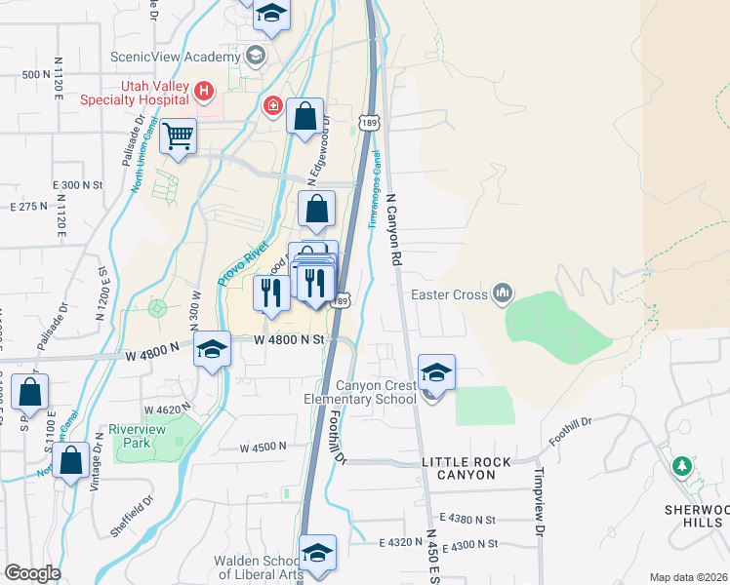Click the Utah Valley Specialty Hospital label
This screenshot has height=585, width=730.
tap(154, 93)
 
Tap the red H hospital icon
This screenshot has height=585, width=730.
tap(204, 93)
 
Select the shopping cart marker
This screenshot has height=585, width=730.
tap(179, 137)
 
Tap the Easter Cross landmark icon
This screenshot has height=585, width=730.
tap(503, 292)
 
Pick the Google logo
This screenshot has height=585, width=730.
tap(32, 573)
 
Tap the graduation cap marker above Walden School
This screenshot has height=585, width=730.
tap(317, 554)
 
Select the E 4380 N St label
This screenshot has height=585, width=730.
tap(467, 519)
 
